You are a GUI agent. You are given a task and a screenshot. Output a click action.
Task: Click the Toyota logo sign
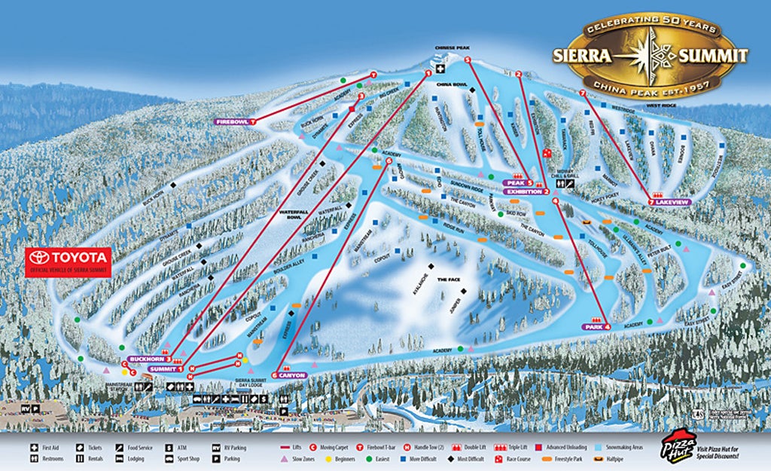coord(69,261)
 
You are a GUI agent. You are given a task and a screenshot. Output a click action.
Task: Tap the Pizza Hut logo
coord(678,445)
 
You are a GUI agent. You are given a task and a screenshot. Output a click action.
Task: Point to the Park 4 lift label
coord(596,326)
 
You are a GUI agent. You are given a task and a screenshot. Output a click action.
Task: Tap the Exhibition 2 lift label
coord(528,191)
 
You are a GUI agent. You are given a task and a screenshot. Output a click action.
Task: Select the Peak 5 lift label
coord(519,182)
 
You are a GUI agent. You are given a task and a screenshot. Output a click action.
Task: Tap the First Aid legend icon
coord(35,448)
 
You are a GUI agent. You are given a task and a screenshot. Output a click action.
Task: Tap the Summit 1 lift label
coord(166,369)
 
